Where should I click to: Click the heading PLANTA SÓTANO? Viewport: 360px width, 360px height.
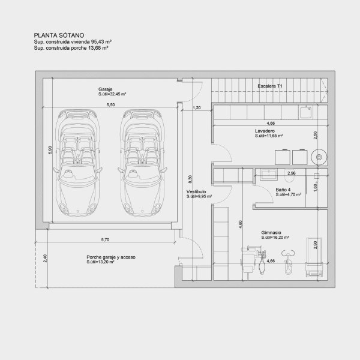[59, 35]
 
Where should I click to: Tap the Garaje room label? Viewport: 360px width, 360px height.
[106, 89]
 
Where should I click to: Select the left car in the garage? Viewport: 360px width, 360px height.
[77, 163]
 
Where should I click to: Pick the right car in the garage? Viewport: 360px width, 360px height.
[142, 163]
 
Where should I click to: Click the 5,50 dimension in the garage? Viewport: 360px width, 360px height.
[110, 104]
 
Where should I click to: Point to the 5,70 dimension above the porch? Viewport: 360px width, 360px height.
[105, 239]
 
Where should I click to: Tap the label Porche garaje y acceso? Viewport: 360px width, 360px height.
[111, 257]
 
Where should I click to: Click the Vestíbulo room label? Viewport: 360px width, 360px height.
[196, 191]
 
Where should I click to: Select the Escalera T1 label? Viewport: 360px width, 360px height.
[270, 86]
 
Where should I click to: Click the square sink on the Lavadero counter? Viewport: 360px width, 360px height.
[306, 112]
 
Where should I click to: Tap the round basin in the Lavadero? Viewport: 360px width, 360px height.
[319, 157]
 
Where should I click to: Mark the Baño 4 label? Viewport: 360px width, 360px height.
[283, 190]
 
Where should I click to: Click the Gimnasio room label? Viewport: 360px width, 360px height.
[271, 233]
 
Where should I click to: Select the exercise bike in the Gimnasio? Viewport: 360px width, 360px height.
[288, 262]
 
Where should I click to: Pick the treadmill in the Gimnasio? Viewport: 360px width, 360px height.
[314, 257]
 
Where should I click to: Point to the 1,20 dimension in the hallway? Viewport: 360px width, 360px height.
[197, 107]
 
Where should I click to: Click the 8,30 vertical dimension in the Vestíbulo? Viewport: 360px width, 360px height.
[190, 179]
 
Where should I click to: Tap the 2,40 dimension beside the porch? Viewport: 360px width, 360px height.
[45, 259]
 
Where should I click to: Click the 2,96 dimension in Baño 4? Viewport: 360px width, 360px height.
[292, 173]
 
